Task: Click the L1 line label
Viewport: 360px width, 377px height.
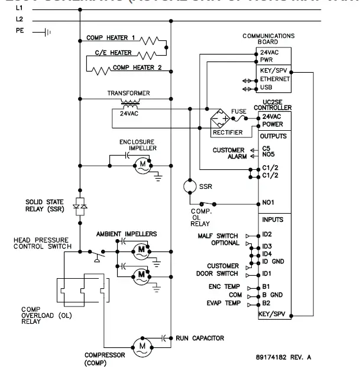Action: (19, 10)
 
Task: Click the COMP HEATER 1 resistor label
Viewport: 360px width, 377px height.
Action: (111, 38)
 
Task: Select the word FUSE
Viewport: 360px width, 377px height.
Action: (239, 111)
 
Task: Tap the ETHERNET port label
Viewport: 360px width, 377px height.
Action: (275, 79)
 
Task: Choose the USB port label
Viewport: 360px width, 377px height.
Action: (267, 87)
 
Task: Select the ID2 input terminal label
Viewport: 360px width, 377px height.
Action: (267, 235)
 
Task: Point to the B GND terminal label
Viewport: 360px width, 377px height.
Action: (272, 295)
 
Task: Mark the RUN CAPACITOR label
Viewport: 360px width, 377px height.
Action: (200, 338)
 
